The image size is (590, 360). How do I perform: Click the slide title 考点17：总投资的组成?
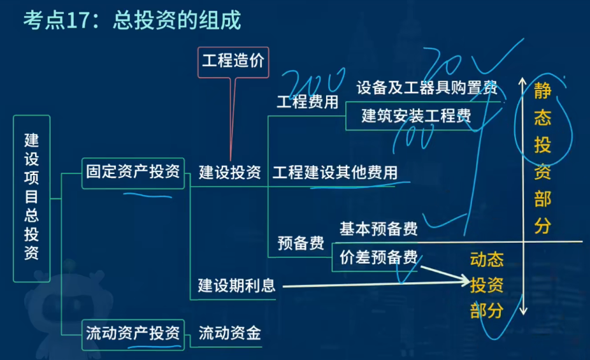pyautogui.click(x=132, y=21)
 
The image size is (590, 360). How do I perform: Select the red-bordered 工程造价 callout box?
pyautogui.click(x=233, y=62)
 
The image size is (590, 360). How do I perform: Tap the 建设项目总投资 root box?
pyautogui.click(x=31, y=198)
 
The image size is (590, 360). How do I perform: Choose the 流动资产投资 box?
pyautogui.click(x=133, y=333)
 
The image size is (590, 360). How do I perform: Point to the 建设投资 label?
pyautogui.click(x=229, y=173)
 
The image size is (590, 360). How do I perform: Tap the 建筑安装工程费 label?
pyautogui.click(x=416, y=116)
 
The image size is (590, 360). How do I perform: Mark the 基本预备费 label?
pyautogui.click(x=378, y=229)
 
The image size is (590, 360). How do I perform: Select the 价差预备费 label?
pyautogui.click(x=378, y=257)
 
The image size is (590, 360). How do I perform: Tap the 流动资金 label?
pyautogui.click(x=229, y=333)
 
